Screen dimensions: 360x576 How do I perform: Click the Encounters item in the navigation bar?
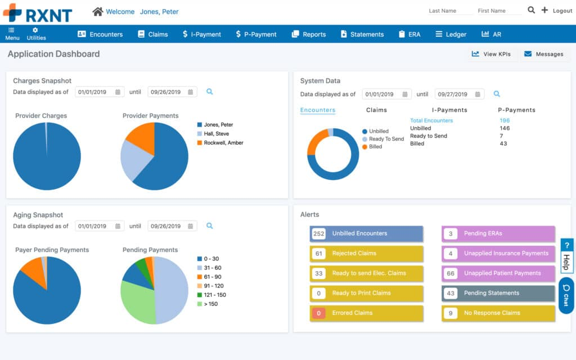pyautogui.click(x=100, y=34)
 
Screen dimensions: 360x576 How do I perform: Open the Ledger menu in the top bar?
pyautogui.click(x=451, y=34)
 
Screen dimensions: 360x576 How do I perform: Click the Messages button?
pyautogui.click(x=543, y=54)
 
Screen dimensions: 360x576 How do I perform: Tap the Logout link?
pyautogui.click(x=562, y=11)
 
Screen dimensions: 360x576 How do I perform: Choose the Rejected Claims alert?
pyautogui.click(x=366, y=254)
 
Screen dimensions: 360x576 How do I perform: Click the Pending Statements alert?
pyautogui.click(x=498, y=293)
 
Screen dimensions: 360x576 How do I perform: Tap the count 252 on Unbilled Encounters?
pyautogui.click(x=319, y=233)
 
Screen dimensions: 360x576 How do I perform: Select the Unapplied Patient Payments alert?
pyautogui.click(x=498, y=273)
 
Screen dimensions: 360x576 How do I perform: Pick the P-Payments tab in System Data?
pyautogui.click(x=516, y=110)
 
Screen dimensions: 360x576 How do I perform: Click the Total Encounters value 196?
pyautogui.click(x=504, y=120)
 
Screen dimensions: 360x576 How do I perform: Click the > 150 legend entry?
pyautogui.click(x=210, y=304)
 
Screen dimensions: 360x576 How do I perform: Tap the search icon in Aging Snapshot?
pyautogui.click(x=209, y=226)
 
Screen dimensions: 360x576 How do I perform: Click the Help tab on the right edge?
pyautogui.click(x=566, y=256)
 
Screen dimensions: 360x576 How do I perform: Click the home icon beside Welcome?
pyautogui.click(x=98, y=11)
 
